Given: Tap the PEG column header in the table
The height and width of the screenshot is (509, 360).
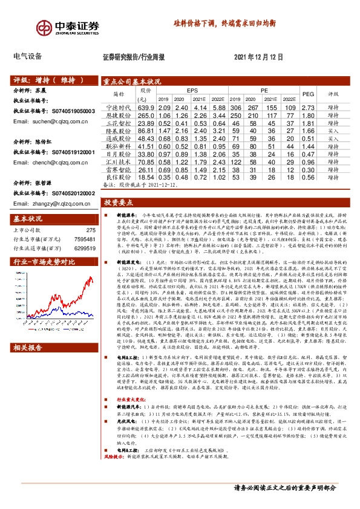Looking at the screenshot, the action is coord(307,94).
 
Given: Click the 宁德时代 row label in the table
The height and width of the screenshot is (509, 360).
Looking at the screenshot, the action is coord(119,107).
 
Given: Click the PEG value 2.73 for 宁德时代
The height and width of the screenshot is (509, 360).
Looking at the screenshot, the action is coord(307,107).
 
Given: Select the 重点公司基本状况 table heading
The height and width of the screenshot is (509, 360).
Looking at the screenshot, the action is coord(131,80).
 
